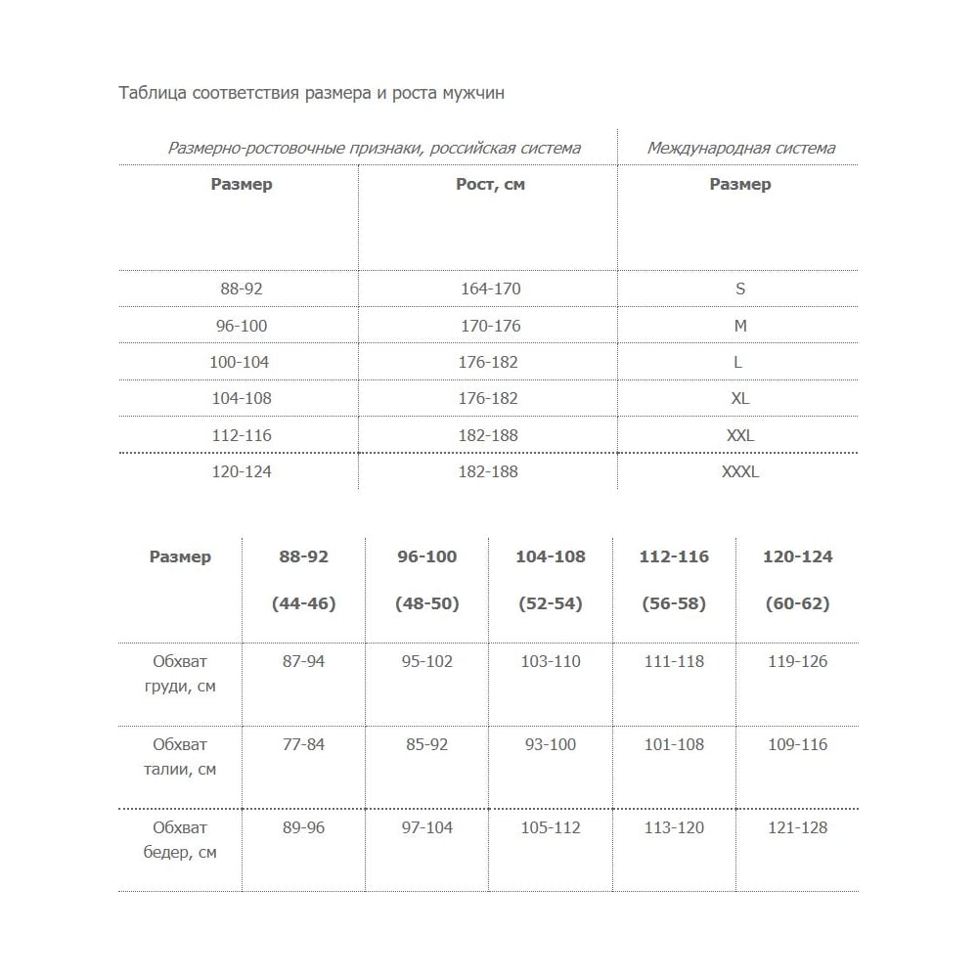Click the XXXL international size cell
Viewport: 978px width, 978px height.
(x=740, y=471)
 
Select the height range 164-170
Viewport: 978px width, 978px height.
(x=490, y=289)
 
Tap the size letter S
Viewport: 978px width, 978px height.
(x=740, y=289)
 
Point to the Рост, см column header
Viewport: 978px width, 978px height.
(x=490, y=184)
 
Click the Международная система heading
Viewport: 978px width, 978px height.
(x=741, y=149)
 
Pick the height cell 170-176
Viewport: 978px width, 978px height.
(x=490, y=326)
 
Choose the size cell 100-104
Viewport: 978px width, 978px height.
(x=239, y=362)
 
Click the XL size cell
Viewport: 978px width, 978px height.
(x=739, y=398)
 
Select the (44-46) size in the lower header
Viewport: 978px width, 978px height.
(x=303, y=603)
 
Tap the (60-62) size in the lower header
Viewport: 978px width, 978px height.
(x=797, y=603)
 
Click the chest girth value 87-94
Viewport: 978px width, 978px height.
(x=303, y=661)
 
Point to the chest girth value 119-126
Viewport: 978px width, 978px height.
(x=797, y=661)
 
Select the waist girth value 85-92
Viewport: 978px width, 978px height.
(x=426, y=744)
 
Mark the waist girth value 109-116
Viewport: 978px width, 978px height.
(x=797, y=744)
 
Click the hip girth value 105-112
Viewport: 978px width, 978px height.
(x=551, y=827)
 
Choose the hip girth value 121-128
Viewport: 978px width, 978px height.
(x=797, y=827)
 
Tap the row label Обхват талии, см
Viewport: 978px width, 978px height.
(x=179, y=757)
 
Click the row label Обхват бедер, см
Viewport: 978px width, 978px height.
(x=179, y=840)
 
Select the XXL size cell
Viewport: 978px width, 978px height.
(x=740, y=435)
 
